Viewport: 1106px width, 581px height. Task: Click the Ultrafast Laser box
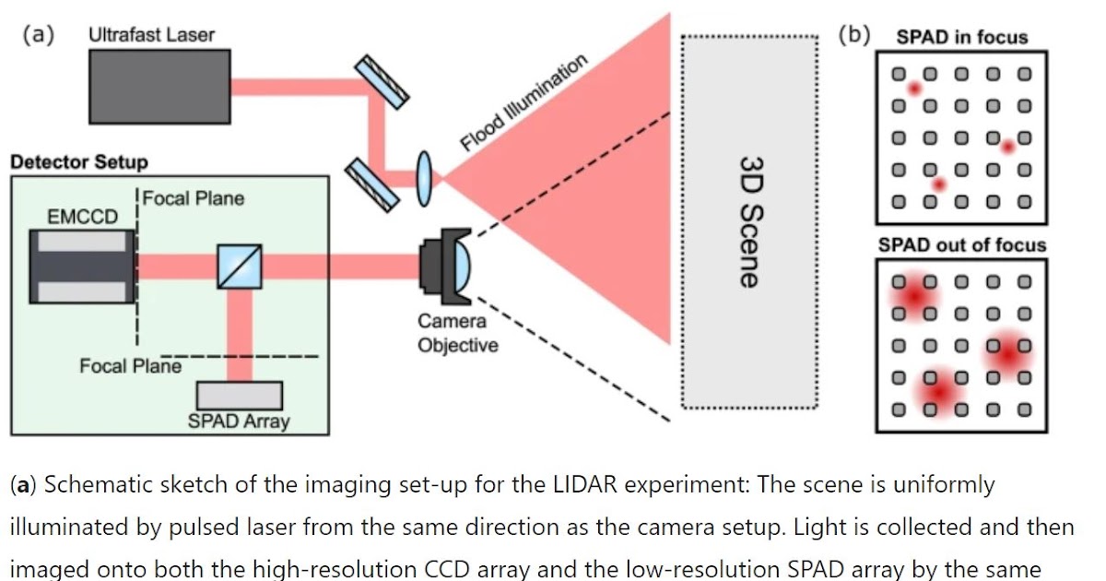160,86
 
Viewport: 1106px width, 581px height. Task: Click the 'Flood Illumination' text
523,102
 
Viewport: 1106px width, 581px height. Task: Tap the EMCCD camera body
82,266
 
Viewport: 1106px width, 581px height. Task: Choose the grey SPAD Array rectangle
240,395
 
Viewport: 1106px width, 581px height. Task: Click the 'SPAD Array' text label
239,421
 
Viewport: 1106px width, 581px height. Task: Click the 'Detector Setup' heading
79,162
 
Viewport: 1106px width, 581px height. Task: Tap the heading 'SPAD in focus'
961,38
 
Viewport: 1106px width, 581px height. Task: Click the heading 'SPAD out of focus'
961,245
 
